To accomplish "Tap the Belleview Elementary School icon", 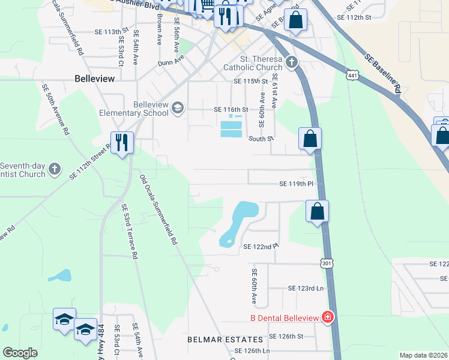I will click(177, 108).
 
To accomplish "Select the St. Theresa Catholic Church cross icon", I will click(292, 62).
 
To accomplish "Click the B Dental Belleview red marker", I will click(328, 317).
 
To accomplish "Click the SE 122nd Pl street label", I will click(261, 246).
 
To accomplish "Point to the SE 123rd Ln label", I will click(306, 289).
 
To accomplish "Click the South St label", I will click(262, 139).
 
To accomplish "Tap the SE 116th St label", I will click(231, 110).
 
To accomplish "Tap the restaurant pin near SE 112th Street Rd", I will click(122, 142).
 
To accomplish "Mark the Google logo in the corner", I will click(20, 353).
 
